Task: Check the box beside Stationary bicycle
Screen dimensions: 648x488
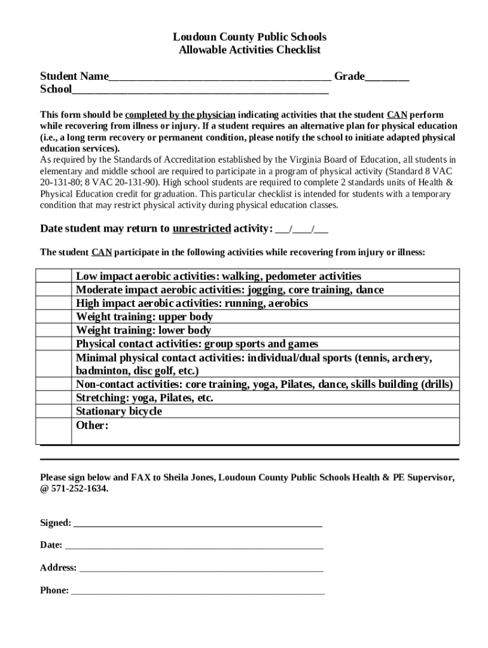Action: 54,411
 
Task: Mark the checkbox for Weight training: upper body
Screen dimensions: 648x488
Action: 54,316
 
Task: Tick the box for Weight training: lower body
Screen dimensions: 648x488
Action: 54,330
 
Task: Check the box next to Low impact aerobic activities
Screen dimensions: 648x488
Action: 54,276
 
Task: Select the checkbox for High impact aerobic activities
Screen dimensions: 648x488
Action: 54,303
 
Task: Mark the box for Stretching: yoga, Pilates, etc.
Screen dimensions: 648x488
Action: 54,398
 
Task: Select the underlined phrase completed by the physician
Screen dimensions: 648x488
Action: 181,115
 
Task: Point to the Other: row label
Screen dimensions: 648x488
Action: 93,425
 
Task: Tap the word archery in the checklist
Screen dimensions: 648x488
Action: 412,358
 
